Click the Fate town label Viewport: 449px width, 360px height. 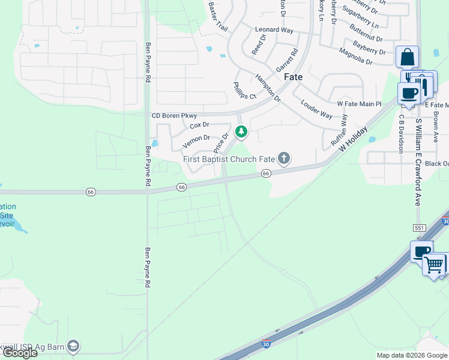coord(293,77)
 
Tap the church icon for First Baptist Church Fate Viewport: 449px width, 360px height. coord(284,158)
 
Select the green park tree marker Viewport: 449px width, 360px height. coord(241,131)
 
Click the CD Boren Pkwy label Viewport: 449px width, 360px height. coord(174,115)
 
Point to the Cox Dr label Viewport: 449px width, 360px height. coord(199,125)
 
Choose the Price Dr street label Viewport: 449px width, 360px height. coord(221,143)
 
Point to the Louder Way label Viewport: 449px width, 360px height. coord(316,109)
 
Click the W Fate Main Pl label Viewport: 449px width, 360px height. coord(359,104)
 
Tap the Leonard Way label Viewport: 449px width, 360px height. coord(274,29)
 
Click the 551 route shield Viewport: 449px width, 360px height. coord(419,228)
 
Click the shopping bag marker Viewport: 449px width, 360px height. coord(407,58)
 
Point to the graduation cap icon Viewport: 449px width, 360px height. coord(73,346)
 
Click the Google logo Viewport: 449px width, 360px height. coord(19,353)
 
